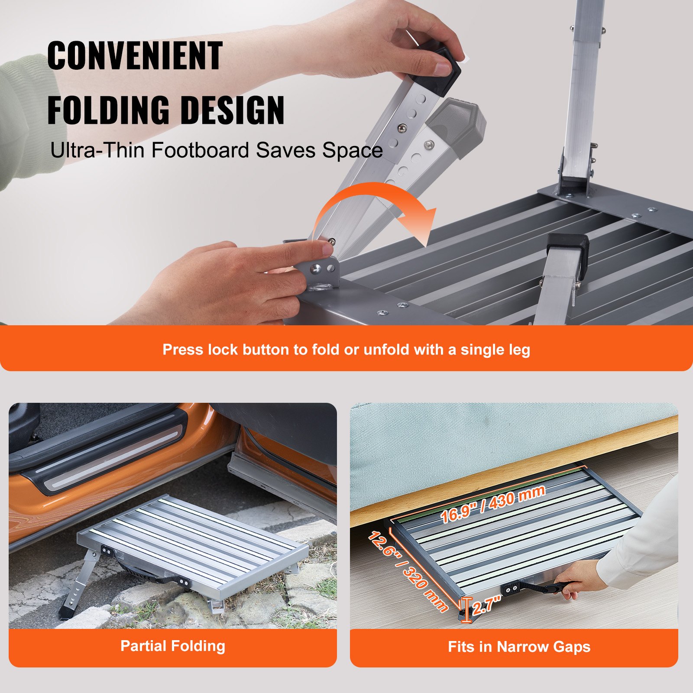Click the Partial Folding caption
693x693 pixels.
(x=173, y=646)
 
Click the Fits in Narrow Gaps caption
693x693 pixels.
(x=519, y=647)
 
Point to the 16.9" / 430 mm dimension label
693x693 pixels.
(x=492, y=505)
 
